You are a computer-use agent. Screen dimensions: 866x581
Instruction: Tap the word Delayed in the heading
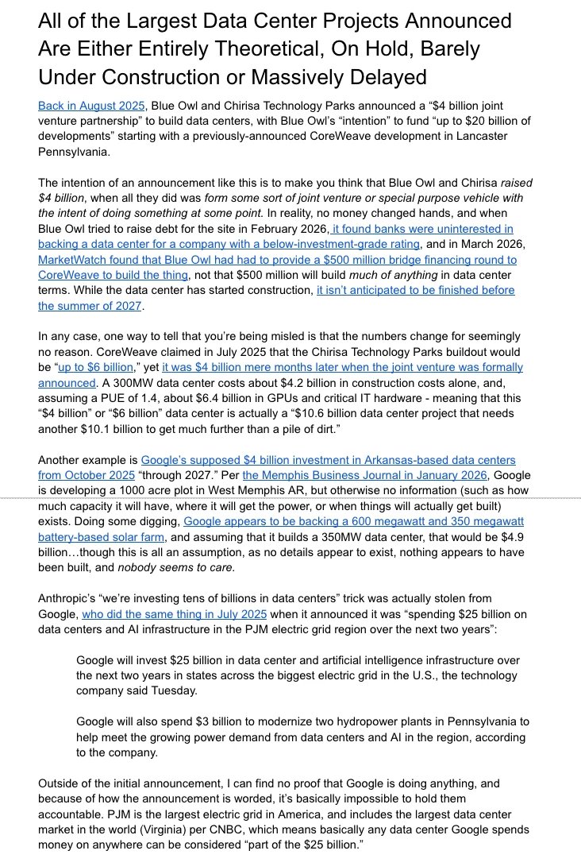coord(379,77)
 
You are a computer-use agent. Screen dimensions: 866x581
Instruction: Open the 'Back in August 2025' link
coord(90,106)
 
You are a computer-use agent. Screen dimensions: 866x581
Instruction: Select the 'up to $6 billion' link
coord(106,367)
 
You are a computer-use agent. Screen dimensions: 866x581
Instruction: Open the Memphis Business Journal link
coord(325,475)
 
